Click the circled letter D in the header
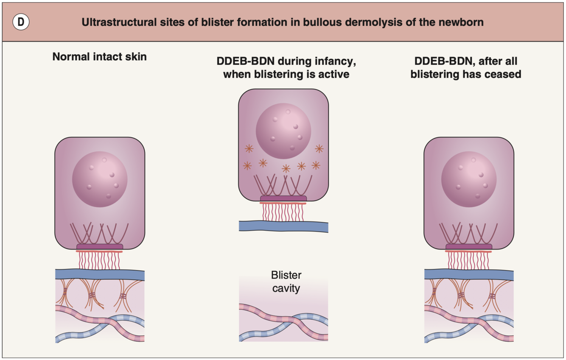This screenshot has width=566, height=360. pyautogui.click(x=20, y=22)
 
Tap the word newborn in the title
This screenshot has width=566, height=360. pyautogui.click(x=463, y=22)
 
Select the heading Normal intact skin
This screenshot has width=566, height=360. pyautogui.click(x=99, y=57)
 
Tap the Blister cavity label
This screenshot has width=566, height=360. pyautogui.click(x=286, y=282)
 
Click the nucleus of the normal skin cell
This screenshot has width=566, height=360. pyautogui.click(x=100, y=179)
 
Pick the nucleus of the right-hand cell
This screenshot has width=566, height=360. pyautogui.click(x=469, y=179)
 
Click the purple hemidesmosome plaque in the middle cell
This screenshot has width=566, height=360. pyautogui.click(x=283, y=198)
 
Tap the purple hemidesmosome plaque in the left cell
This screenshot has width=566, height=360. pyautogui.click(x=100, y=247)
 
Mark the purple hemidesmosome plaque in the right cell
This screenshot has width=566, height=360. pyautogui.click(x=469, y=247)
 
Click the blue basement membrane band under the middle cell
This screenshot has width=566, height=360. pyautogui.click(x=283, y=226)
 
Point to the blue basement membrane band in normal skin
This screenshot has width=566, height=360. pyautogui.click(x=100, y=274)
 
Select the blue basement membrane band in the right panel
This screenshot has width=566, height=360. pyautogui.click(x=469, y=274)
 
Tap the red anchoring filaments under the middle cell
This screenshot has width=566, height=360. pyautogui.click(x=283, y=212)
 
